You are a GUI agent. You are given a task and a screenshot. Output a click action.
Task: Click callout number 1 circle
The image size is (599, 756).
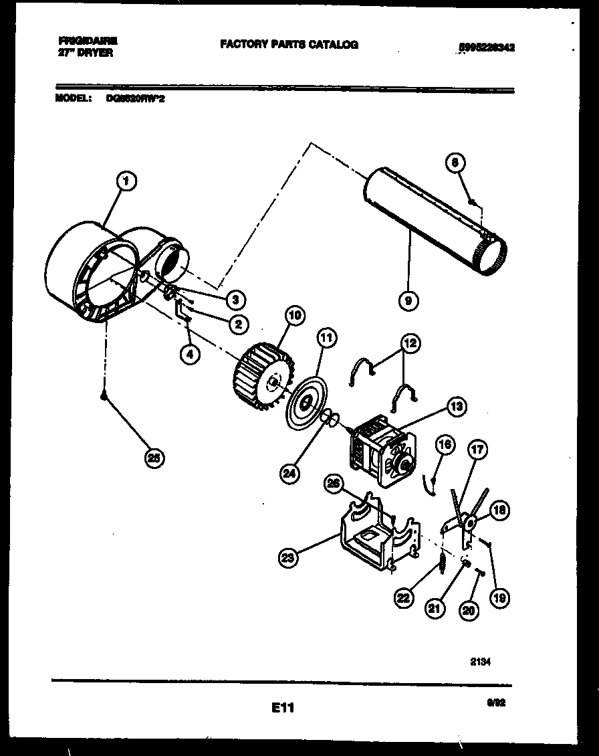coord(125,181)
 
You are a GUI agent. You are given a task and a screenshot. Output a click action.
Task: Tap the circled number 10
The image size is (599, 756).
coord(294,314)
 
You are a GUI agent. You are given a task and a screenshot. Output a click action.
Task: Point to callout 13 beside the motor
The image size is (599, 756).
coord(457,406)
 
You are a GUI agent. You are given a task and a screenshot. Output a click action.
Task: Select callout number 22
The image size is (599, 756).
coord(403,597)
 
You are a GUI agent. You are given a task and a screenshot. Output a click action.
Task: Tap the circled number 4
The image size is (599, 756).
coord(191,355)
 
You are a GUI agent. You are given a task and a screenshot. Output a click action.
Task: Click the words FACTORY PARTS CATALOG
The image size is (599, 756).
coord(289,45)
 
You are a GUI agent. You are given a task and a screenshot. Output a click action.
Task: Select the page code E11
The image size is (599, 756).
coord(283,707)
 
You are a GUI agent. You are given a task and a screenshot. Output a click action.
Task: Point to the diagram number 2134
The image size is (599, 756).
coord(480,662)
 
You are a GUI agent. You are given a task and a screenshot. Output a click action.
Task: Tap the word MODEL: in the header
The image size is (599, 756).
coord(72,98)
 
